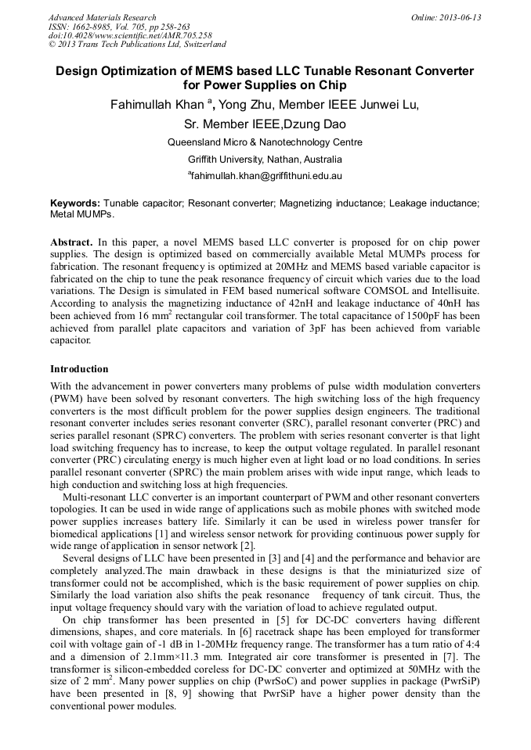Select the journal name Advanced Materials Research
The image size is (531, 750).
[102, 17]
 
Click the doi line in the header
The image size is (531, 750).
[129, 36]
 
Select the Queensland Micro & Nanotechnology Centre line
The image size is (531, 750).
[265, 142]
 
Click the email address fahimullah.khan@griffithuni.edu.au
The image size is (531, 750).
[266, 176]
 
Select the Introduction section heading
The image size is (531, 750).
[79, 368]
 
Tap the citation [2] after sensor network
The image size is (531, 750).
[247, 544]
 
